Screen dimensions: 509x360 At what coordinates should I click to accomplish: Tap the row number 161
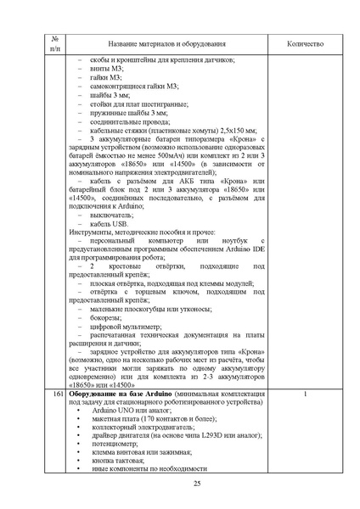click(58, 395)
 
